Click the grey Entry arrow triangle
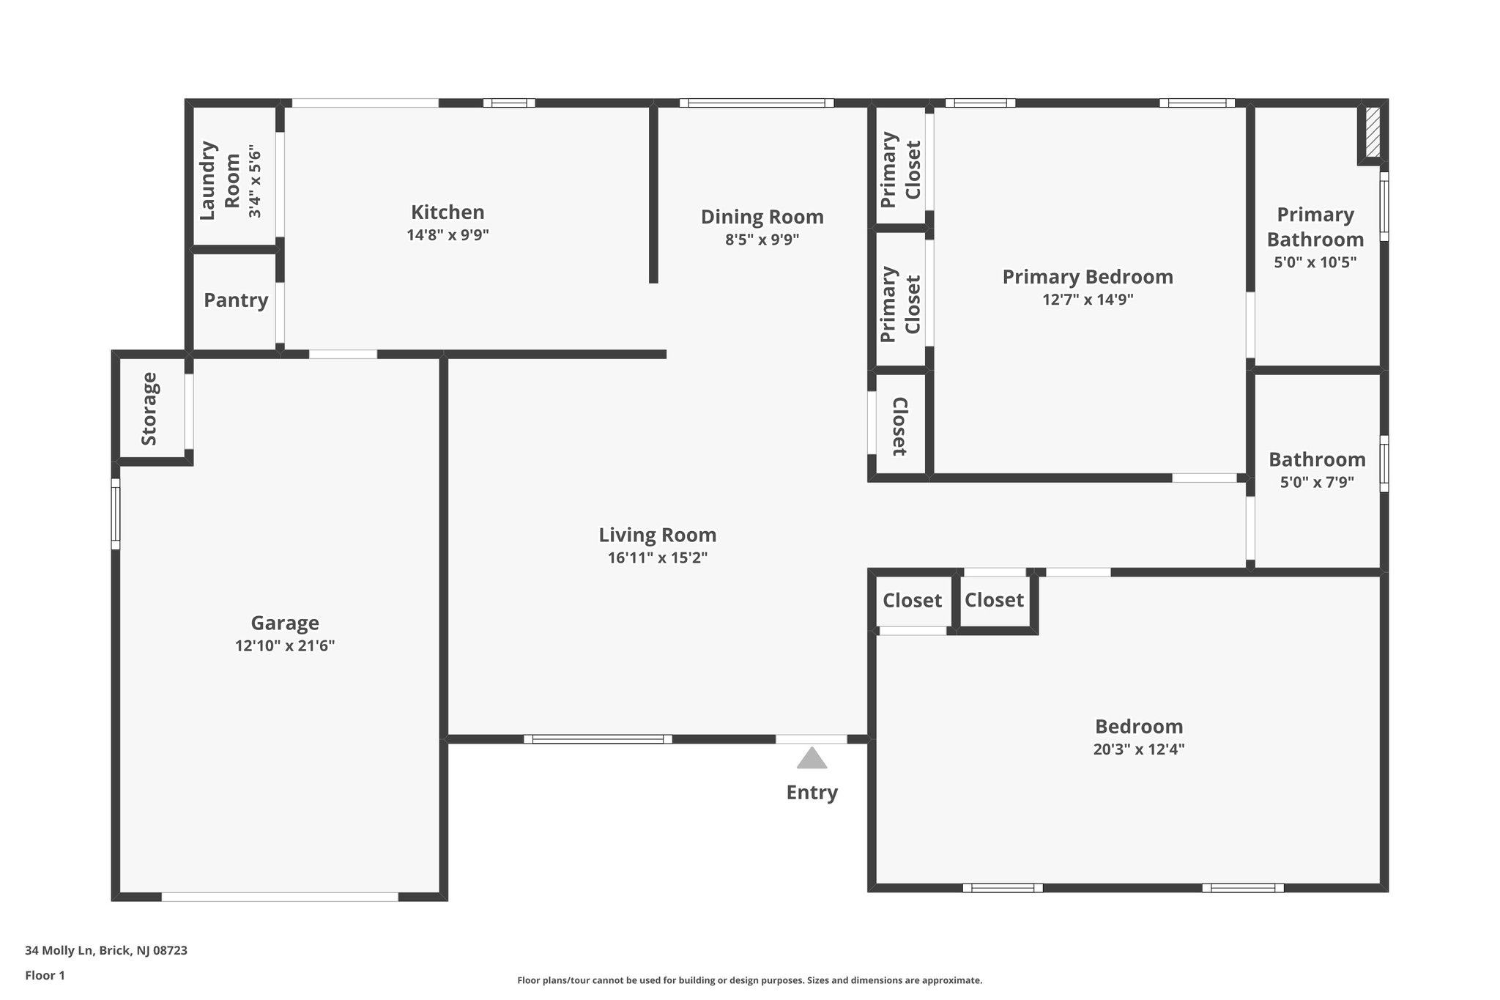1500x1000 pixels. point(812,759)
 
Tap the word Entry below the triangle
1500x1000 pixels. point(812,793)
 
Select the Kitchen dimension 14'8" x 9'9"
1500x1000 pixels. point(448,235)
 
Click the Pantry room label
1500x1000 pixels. point(236,300)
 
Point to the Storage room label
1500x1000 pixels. point(149,409)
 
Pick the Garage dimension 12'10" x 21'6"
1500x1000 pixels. point(285,646)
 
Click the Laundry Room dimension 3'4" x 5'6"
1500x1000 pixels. point(254,182)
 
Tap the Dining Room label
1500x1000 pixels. point(762,217)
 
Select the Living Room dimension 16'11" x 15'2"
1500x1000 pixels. point(657,558)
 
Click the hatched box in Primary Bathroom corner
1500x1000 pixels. point(1373,133)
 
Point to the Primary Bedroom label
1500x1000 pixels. point(1087,277)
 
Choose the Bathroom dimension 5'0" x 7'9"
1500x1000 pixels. point(1316,483)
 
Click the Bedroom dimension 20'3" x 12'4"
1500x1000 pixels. point(1138,749)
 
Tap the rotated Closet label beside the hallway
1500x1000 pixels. point(899,426)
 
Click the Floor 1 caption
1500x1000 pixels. point(45,976)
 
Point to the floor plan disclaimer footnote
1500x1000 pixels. point(749,980)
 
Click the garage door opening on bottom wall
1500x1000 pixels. point(280,897)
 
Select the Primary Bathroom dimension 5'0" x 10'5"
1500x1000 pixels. point(1315,262)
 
